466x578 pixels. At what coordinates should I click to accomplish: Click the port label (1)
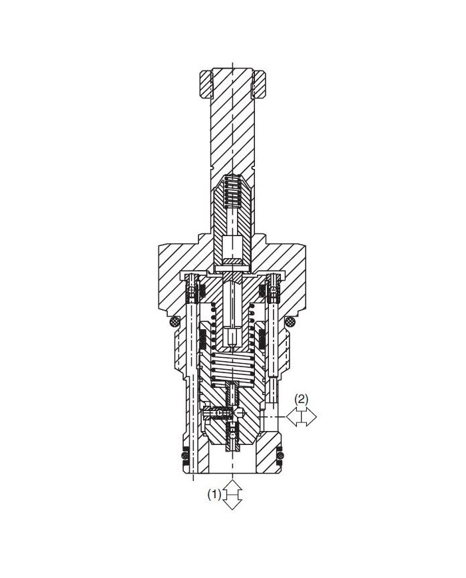pyautogui.click(x=214, y=494)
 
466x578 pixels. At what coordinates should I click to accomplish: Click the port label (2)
pyautogui.click(x=302, y=399)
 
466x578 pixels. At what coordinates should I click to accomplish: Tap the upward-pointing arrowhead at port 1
pyautogui.click(x=232, y=484)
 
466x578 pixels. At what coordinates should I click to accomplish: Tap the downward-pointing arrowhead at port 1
pyautogui.click(x=232, y=505)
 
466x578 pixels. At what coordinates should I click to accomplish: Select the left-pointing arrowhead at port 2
pyautogui.click(x=292, y=416)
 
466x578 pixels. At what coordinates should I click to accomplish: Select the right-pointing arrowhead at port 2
pyautogui.click(x=312, y=416)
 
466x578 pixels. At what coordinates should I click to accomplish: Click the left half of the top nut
pyautogui.click(x=206, y=84)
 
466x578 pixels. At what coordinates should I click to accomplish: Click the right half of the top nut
pyautogui.click(x=260, y=84)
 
